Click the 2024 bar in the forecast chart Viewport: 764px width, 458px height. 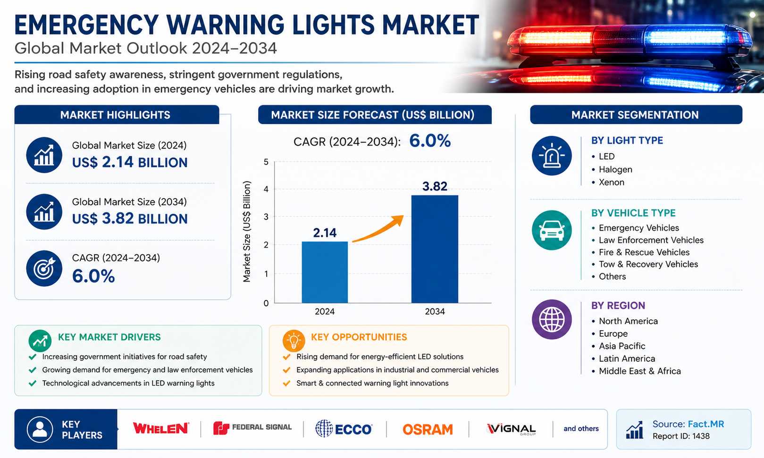tap(325, 272)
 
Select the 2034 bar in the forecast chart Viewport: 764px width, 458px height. tap(435, 249)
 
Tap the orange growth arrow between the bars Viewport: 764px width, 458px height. tap(378, 229)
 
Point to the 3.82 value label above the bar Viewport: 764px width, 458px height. tap(435, 186)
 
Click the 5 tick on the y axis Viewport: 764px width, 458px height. tap(266, 162)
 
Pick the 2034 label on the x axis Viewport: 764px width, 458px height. tap(435, 311)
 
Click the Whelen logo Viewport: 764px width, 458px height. tap(160, 428)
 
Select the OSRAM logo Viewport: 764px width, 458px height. tap(428, 429)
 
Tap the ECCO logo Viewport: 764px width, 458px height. tap(344, 429)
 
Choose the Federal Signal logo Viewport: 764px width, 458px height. tap(252, 428)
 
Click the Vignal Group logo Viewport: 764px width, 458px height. tap(511, 429)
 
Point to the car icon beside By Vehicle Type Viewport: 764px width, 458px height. tap(552, 230)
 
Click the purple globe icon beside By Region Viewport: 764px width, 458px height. tap(552, 319)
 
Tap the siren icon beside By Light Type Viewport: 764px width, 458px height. tap(552, 156)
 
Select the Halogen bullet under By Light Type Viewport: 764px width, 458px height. tap(612, 169)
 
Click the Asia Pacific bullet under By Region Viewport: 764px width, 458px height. tap(618, 346)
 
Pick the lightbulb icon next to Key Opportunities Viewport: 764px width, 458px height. tap(294, 341)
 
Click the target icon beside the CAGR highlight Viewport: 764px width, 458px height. tap(44, 268)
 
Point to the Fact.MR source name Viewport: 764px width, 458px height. tap(705, 424)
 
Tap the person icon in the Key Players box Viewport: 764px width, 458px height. tap(40, 429)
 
